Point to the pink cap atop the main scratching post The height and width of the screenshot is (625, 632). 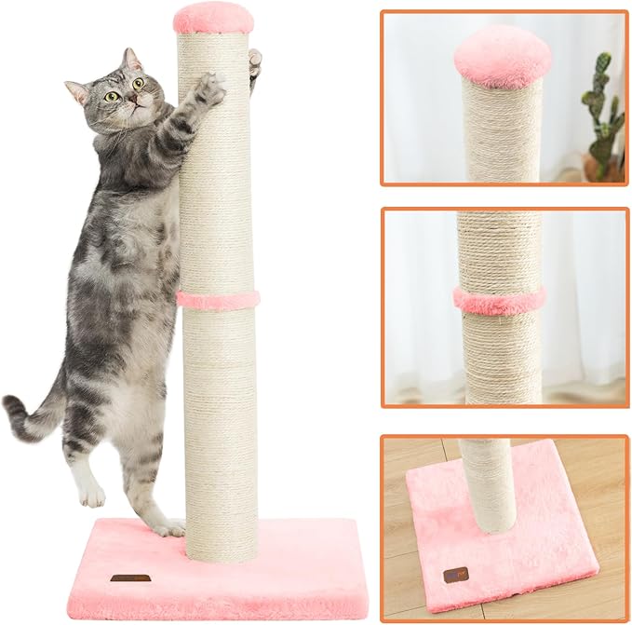point(213,18)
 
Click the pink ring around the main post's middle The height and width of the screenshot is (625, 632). point(218,300)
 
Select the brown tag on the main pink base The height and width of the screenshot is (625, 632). point(130,578)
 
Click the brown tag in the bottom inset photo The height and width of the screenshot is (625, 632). point(455,575)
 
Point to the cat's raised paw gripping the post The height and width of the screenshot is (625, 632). point(208,90)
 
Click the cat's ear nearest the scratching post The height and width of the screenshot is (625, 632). point(132,61)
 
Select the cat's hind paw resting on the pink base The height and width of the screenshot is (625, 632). point(168,528)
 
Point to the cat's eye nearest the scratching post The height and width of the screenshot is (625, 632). point(138,83)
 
